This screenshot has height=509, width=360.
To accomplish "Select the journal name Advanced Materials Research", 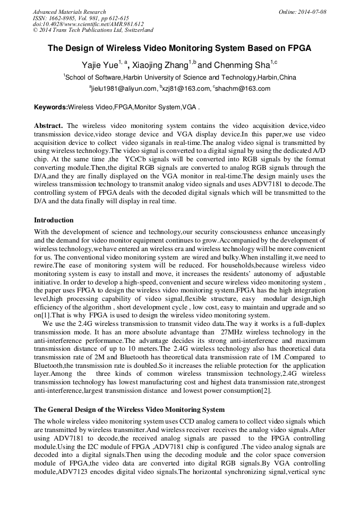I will tap(69, 12).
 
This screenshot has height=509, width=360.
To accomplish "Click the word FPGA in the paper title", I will tap(298, 48).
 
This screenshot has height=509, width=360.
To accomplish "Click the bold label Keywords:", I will tap(51, 107).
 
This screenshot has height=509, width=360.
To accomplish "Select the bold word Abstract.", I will tap(48, 126).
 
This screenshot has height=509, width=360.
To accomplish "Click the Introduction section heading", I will tap(54, 220).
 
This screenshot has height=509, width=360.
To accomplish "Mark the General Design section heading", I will tap(129, 410).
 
